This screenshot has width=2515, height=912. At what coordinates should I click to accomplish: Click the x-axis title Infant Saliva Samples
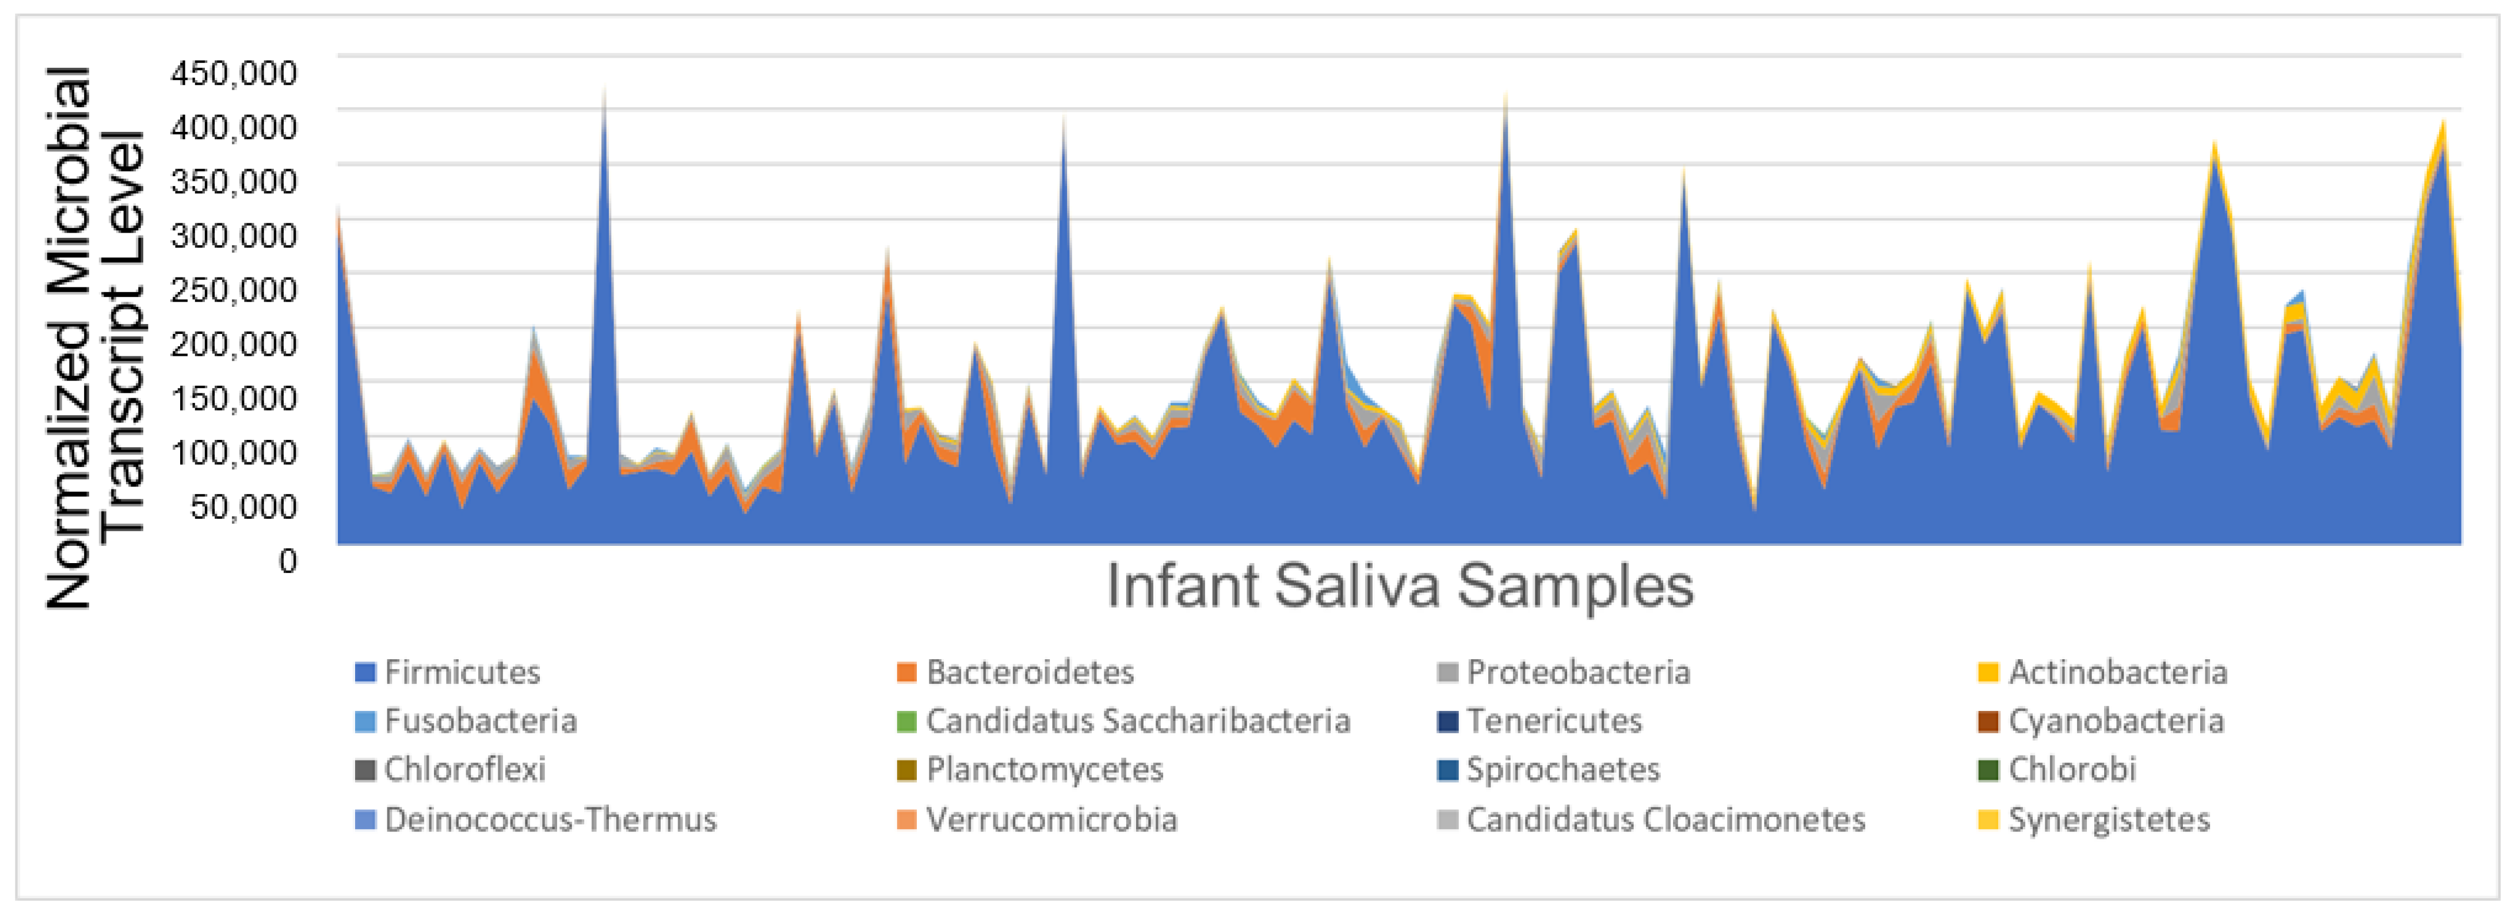pos(1399,586)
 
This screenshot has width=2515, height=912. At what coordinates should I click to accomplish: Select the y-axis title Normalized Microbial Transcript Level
pos(95,337)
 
